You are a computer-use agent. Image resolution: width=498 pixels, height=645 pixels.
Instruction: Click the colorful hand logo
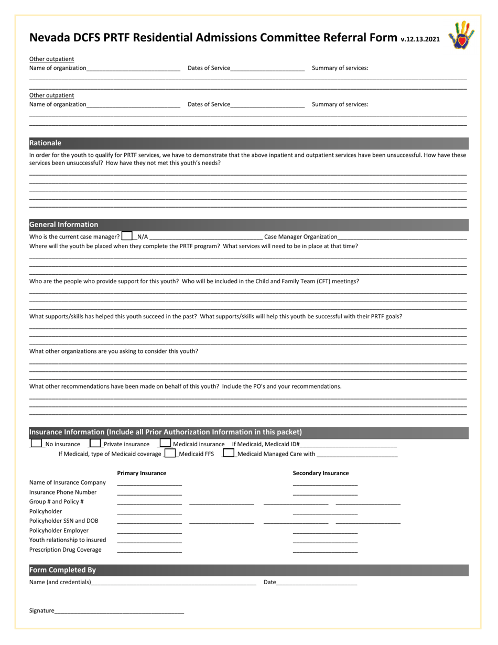coord(461,35)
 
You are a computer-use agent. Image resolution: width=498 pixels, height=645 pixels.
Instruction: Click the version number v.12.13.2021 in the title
coord(420,39)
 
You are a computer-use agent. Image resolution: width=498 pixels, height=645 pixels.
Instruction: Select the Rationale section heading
coord(46,143)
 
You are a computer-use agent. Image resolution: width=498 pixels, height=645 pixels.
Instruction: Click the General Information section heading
coord(63,224)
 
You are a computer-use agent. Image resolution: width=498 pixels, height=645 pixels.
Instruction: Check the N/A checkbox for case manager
coord(127,236)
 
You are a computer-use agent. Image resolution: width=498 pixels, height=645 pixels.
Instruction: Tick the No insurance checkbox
coord(36,443)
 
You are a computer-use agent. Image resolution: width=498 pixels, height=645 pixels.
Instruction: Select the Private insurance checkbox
coord(95,443)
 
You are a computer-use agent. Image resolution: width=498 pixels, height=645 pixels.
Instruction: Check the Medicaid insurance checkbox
coord(165,443)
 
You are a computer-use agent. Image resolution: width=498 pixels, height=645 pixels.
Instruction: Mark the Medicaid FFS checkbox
coord(170,453)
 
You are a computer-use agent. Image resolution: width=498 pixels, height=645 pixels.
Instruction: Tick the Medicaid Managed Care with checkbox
coord(229,453)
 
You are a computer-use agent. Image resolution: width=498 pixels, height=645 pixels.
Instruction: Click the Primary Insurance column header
coord(142,473)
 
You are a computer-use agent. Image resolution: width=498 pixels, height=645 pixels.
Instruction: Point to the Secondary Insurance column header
coord(320,473)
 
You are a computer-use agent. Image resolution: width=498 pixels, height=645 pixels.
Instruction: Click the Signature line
coord(119,611)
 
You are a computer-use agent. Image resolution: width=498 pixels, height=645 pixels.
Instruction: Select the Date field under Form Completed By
coord(316,583)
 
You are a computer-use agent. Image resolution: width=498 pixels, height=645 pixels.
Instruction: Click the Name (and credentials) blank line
coord(174,583)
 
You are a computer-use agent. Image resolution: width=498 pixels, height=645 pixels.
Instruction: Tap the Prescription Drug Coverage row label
coord(66,550)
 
